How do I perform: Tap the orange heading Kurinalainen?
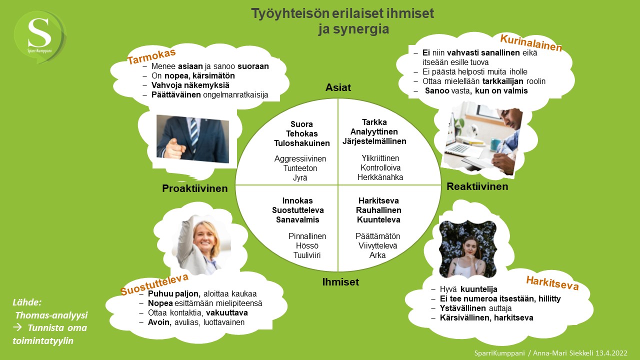click(x=531, y=42)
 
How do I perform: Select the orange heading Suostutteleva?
click(x=154, y=284)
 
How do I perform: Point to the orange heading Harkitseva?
click(x=552, y=283)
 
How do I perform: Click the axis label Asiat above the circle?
click(x=338, y=87)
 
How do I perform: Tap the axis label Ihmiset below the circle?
click(x=340, y=282)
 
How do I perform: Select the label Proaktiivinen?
click(x=194, y=188)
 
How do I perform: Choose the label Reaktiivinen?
click(x=477, y=186)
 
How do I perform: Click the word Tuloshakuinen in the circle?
click(x=302, y=143)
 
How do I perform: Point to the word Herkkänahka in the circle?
click(x=380, y=177)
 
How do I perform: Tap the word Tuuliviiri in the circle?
click(x=307, y=255)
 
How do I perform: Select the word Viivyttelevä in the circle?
click(x=377, y=245)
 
